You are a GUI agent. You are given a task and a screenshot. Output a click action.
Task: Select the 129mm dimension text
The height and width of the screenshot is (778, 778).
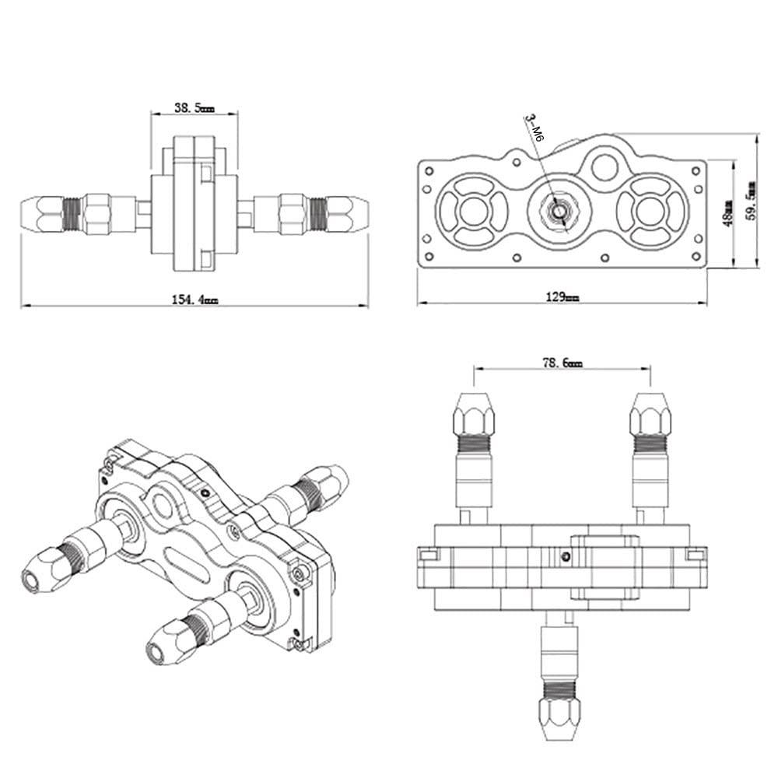tap(562, 297)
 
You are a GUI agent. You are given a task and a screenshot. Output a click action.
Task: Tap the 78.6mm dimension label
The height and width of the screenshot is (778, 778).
tap(561, 362)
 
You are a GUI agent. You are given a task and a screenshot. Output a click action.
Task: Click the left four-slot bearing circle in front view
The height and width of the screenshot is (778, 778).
tap(472, 209)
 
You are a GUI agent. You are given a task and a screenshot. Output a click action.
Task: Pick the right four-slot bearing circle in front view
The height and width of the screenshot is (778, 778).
tap(650, 209)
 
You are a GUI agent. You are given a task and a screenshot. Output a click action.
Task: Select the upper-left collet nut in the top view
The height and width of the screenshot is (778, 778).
tap(473, 414)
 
